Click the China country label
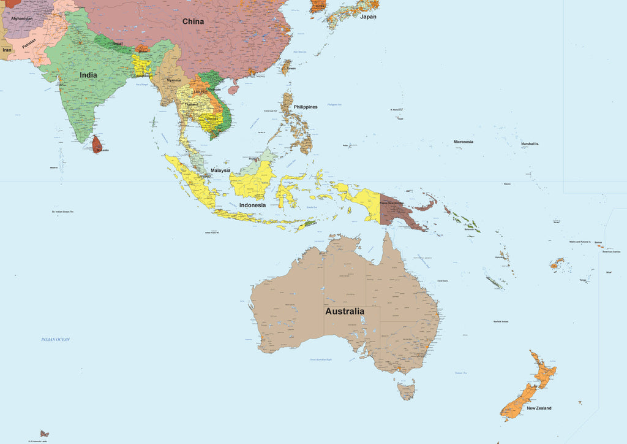pos(193,21)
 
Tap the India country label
pos(88,75)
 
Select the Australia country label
pos(344,311)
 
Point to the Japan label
pos(368,17)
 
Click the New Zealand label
pos(539,408)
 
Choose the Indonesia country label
pos(252,205)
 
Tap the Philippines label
pos(306,107)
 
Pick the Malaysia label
pos(220,170)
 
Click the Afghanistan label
pos(21,18)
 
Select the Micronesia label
pos(463,142)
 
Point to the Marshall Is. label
pos(530,144)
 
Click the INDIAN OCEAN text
pos(56,339)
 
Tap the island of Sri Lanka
pos(97,144)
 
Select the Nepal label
pos(117,44)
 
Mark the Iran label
pos(7,50)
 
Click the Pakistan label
pos(29,44)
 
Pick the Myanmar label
pos(174,80)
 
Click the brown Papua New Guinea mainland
pos(398,212)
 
